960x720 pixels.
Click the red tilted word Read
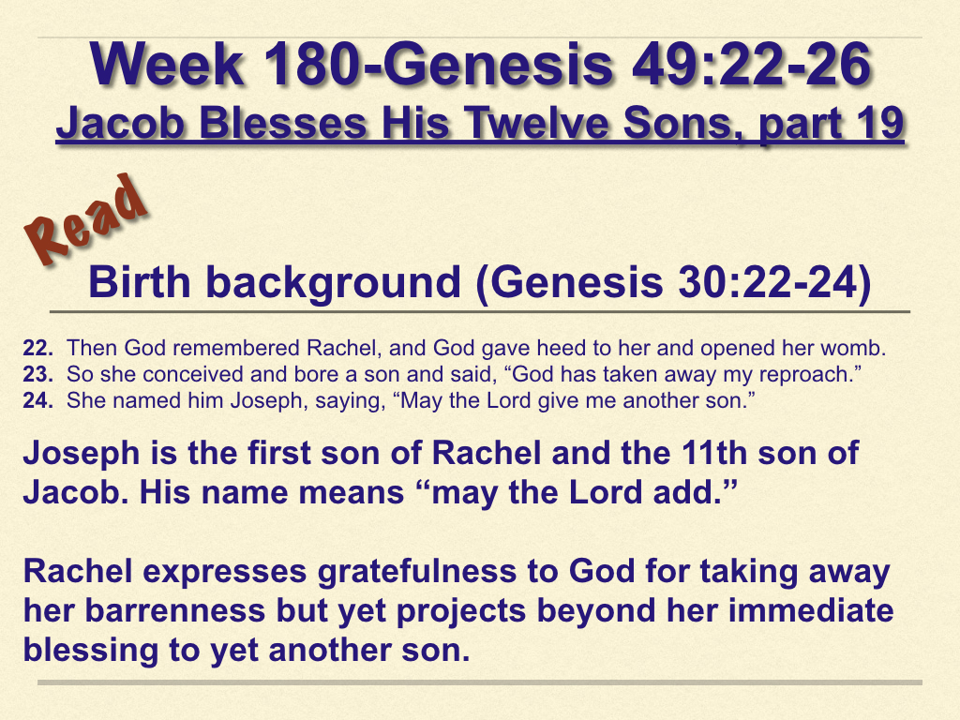click(x=86, y=220)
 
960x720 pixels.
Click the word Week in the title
click(x=167, y=65)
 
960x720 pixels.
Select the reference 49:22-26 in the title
click(x=751, y=65)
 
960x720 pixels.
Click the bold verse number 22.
click(x=37, y=349)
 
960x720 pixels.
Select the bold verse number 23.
click(x=37, y=375)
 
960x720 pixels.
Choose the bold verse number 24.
click(x=37, y=401)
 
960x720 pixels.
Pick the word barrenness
click(x=175, y=611)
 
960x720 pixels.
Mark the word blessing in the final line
click(x=91, y=652)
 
